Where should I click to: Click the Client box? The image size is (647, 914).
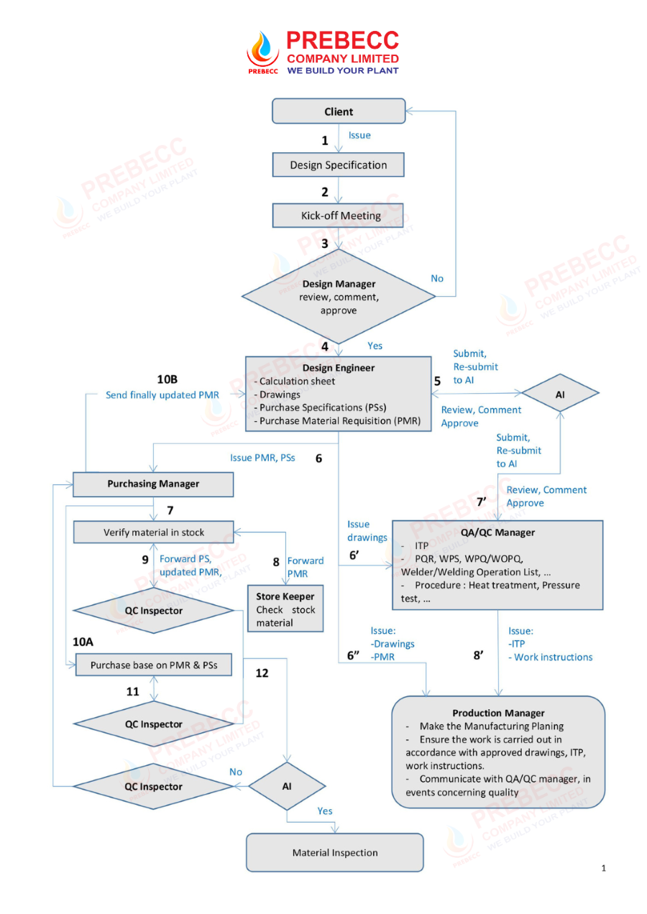[339, 111]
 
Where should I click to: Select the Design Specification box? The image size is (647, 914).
[339, 165]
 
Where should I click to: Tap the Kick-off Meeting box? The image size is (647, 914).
[338, 216]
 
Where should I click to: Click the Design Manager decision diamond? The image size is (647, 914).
[339, 297]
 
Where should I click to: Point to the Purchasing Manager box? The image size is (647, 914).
[153, 484]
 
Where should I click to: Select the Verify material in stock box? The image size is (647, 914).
[154, 532]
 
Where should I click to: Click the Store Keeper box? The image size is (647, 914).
[285, 609]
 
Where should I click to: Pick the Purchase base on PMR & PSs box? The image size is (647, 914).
[154, 665]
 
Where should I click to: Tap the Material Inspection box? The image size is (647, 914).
[335, 852]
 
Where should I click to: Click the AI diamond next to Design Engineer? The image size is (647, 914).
[560, 393]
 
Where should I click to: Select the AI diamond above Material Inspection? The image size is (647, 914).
[287, 786]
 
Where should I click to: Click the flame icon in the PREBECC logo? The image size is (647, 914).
[263, 49]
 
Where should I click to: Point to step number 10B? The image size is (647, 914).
[168, 379]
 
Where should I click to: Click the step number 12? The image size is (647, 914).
[262, 673]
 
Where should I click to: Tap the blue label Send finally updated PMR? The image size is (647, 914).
[162, 395]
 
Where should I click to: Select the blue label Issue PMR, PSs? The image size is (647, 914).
[262, 458]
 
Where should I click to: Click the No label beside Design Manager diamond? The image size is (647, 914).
[437, 278]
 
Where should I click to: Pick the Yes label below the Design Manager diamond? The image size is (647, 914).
[375, 346]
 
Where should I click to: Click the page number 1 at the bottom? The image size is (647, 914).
[603, 868]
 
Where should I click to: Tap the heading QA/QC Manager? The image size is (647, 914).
[497, 532]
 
